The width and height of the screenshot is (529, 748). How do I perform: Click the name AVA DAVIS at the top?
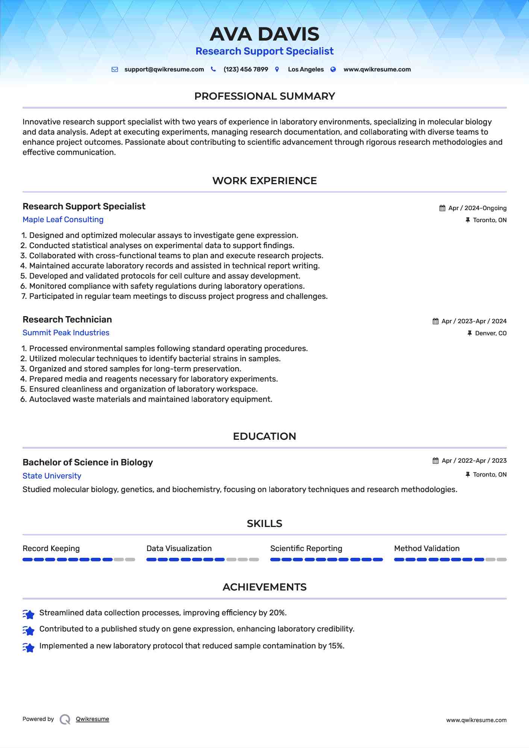(x=264, y=34)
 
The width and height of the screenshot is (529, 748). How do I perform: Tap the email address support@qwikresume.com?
(x=164, y=70)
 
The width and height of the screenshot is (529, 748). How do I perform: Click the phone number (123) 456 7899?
(x=246, y=70)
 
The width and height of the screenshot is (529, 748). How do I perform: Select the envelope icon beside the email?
(x=115, y=70)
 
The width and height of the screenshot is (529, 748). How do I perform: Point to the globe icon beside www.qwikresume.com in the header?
(x=333, y=70)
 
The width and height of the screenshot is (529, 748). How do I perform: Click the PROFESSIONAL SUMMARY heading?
(x=264, y=96)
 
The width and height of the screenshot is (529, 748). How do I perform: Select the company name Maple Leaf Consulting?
(x=63, y=220)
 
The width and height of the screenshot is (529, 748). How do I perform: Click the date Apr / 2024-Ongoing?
(x=477, y=208)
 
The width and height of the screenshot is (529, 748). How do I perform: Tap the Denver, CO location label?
(x=490, y=333)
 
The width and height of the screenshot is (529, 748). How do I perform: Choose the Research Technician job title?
(x=67, y=319)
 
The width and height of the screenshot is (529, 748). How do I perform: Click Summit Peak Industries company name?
(x=66, y=333)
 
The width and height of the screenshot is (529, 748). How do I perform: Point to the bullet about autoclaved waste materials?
(x=150, y=399)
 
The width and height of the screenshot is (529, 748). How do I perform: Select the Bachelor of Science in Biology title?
(x=88, y=462)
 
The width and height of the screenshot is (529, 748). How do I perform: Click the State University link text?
(x=52, y=476)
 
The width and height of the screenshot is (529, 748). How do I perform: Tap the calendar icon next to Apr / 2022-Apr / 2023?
(x=435, y=461)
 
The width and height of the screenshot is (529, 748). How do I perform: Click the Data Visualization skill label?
(x=179, y=548)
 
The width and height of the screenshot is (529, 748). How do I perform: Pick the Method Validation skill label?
(x=427, y=548)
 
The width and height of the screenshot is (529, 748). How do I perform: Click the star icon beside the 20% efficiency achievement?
(x=29, y=614)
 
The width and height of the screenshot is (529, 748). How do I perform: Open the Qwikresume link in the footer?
(x=92, y=719)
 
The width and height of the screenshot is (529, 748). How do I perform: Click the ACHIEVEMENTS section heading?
(x=264, y=587)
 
